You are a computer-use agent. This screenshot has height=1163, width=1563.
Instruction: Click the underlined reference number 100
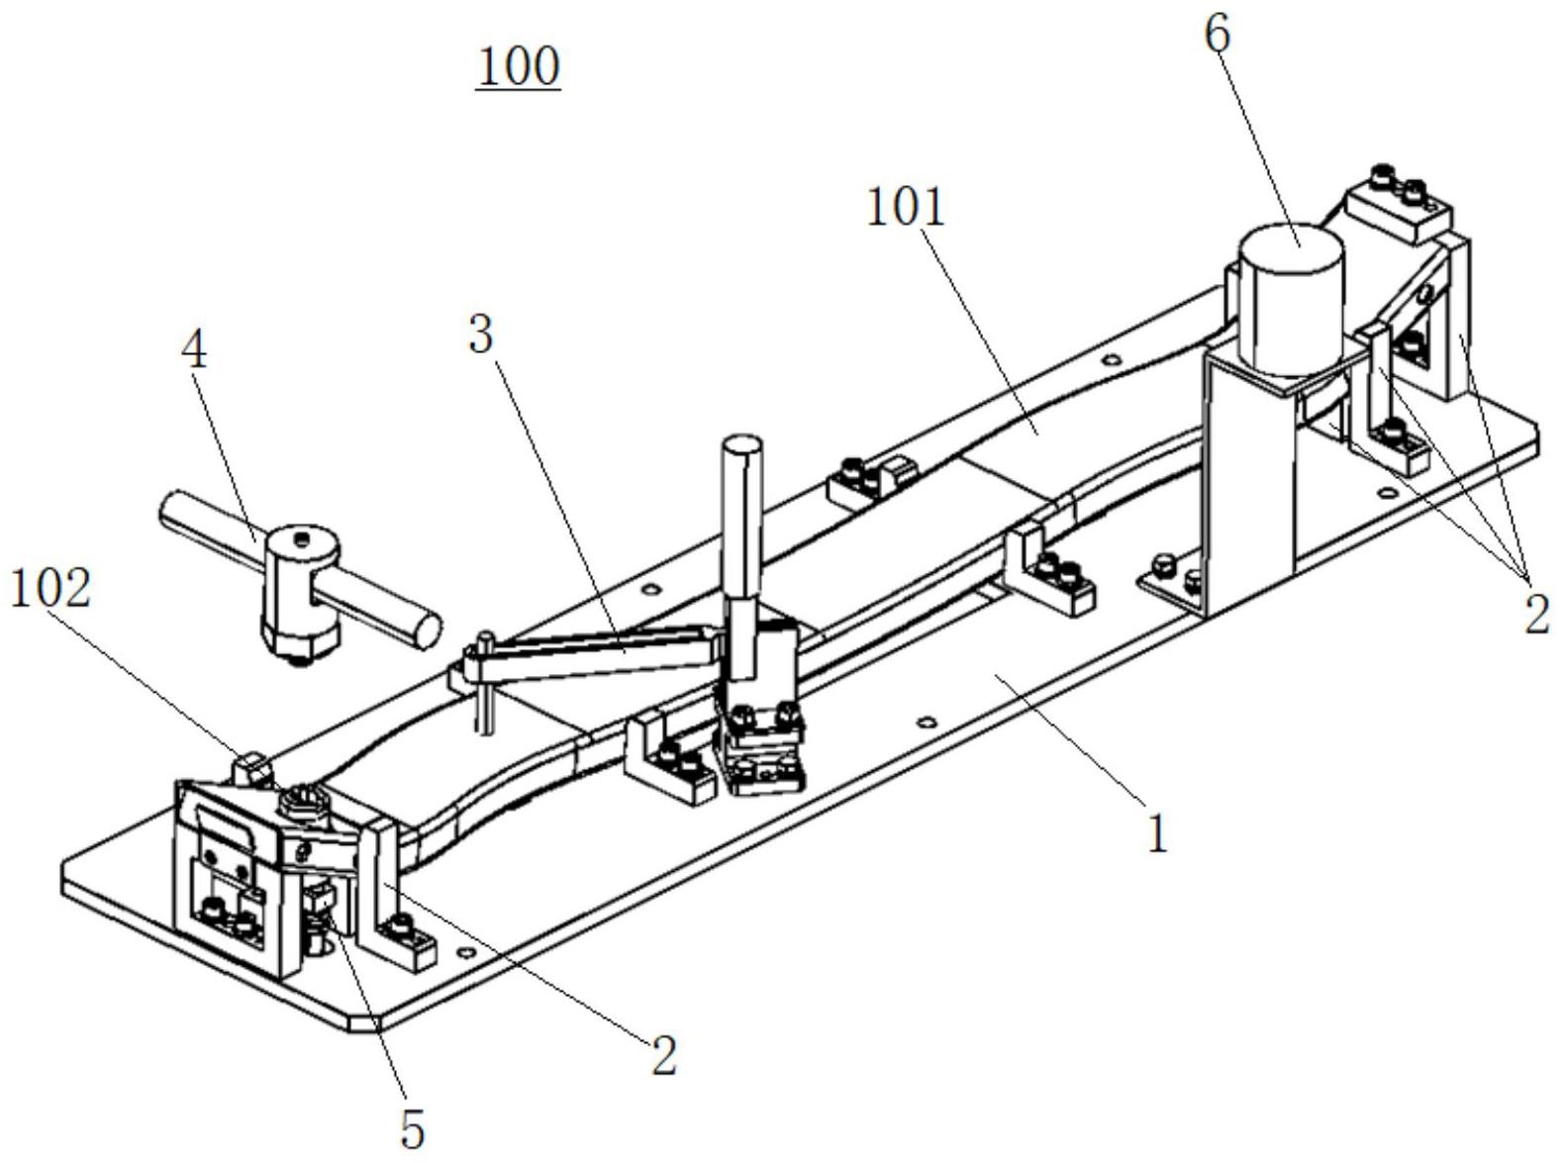519,67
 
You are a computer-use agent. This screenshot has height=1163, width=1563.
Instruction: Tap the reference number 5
412,1128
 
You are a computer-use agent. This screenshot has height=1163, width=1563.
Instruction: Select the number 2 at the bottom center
663,1055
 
